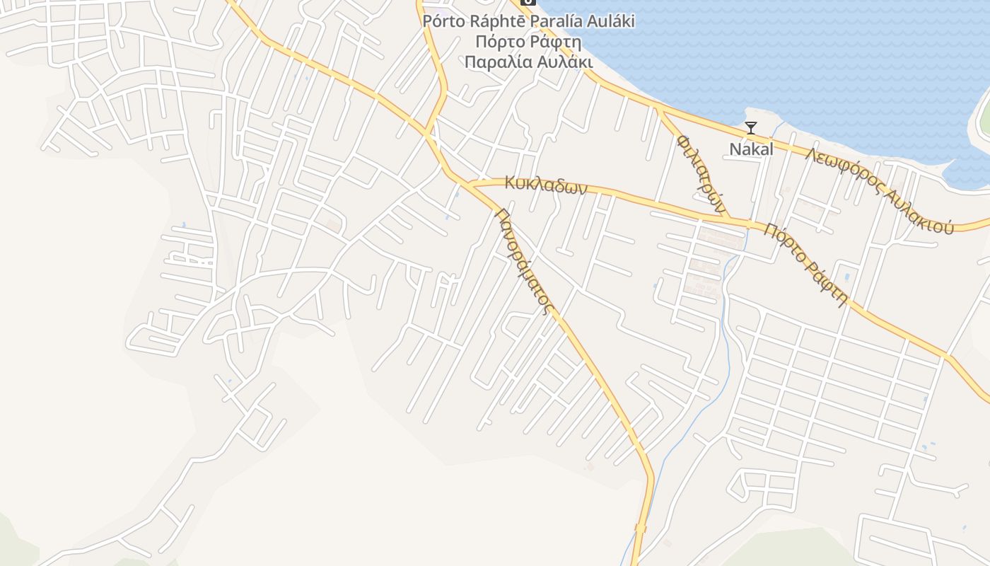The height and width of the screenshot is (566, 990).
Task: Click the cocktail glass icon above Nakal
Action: click(751, 128)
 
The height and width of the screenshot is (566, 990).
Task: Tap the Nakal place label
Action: click(751, 149)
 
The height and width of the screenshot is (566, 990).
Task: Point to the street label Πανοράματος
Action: click(523, 259)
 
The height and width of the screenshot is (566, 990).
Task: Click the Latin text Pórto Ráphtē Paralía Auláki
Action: click(528, 21)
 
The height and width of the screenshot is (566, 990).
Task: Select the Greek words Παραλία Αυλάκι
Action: click(528, 62)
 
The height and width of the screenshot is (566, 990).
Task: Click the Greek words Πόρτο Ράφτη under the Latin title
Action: click(528, 41)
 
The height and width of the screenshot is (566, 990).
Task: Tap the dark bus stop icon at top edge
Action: click(528, 2)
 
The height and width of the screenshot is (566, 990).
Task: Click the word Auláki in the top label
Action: click(608, 21)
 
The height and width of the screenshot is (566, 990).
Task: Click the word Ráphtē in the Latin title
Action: click(497, 21)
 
